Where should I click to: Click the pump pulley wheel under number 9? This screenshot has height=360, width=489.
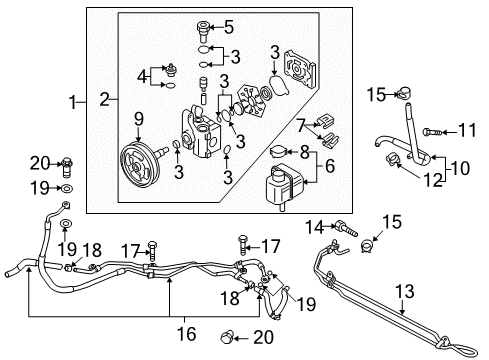(140, 164)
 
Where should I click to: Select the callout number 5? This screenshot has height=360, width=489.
(229, 27)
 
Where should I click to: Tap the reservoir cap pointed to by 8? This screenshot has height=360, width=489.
(276, 152)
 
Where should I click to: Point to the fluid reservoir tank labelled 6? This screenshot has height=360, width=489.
(282, 186)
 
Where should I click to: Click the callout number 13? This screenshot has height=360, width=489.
(404, 291)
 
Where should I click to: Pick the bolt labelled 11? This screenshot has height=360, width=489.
(432, 132)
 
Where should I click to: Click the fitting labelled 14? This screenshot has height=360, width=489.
(347, 229)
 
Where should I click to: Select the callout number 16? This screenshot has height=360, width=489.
(186, 333)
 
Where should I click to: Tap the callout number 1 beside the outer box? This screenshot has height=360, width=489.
(73, 102)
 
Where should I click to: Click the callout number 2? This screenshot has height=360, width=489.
(105, 99)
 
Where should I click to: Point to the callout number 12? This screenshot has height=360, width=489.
(433, 180)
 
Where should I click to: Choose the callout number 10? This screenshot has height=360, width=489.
(460, 168)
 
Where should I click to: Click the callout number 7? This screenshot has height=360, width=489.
(301, 125)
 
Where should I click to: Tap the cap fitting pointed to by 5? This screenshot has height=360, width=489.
(203, 31)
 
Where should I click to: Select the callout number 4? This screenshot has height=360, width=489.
(142, 77)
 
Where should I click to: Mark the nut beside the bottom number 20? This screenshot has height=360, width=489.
(227, 338)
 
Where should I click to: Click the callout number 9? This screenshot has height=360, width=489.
(139, 119)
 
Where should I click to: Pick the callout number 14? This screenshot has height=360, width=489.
(315, 227)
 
